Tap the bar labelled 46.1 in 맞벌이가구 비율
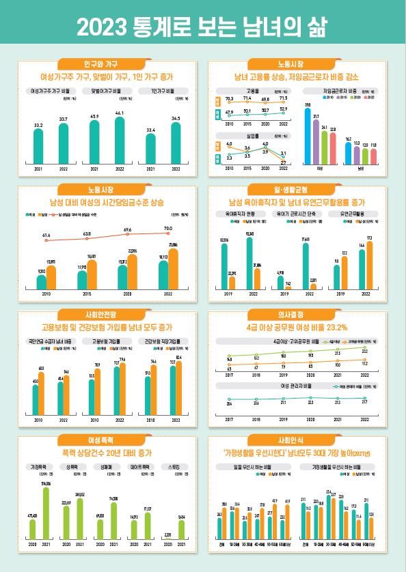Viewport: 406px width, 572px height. click(x=120, y=141)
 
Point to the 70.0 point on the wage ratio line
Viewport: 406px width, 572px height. click(x=167, y=228)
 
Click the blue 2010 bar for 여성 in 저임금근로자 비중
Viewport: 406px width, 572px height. click(x=308, y=137)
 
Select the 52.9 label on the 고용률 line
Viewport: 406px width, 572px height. click(x=283, y=109)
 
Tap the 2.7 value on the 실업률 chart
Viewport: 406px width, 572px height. click(x=283, y=162)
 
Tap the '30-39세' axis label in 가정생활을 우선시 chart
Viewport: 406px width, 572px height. click(x=331, y=545)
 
